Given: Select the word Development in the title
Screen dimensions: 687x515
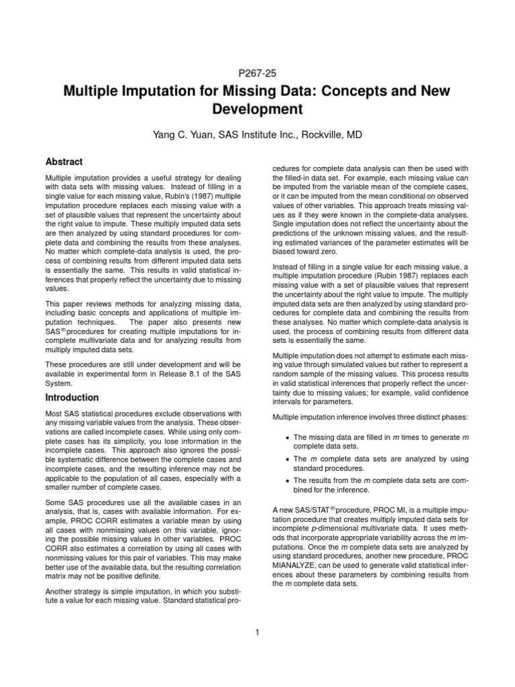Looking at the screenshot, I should [x=257, y=109].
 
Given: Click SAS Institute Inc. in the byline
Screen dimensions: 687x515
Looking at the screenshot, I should [x=255, y=136].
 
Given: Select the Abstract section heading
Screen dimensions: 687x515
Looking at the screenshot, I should [x=64, y=162].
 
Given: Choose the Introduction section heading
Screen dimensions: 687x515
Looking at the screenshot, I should [x=72, y=397].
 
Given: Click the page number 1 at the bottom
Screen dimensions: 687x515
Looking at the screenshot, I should [x=257, y=631].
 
